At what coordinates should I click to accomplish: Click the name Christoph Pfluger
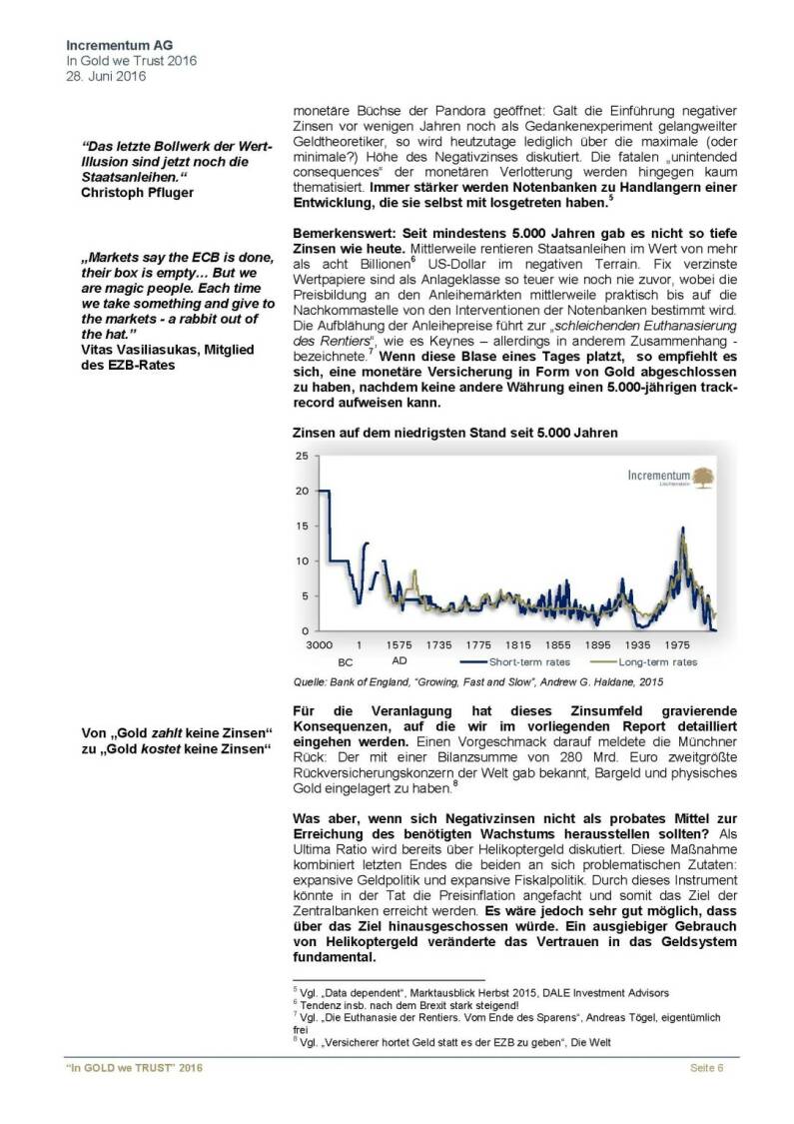coord(137,192)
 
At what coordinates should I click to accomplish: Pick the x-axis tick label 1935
coord(636,646)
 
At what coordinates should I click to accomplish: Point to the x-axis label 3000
coord(320,646)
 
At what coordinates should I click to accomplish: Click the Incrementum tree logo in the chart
coord(703,476)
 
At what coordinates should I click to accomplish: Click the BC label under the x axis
coord(346,661)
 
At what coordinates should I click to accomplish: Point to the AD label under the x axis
coord(399,661)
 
